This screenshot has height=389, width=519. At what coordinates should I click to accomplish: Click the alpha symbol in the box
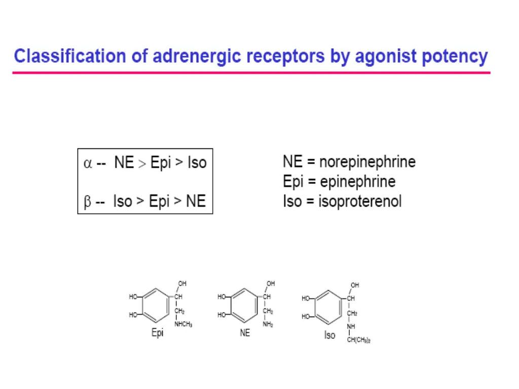point(88,164)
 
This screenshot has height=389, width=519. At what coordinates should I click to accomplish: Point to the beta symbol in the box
point(87,202)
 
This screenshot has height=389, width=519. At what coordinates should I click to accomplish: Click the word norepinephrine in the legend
point(367,162)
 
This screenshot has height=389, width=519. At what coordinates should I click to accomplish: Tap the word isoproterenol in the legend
point(360,201)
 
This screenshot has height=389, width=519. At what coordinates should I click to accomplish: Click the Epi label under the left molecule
point(158,333)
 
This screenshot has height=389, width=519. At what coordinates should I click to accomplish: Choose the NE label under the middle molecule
point(245,333)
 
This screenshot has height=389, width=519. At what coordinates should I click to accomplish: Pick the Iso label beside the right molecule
point(329,335)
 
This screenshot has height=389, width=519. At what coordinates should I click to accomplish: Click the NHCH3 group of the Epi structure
point(183,324)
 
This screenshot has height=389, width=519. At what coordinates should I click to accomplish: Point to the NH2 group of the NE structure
point(268,325)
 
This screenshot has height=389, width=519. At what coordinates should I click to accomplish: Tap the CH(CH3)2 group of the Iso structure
point(358,340)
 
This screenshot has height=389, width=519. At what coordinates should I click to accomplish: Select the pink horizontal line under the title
point(251,73)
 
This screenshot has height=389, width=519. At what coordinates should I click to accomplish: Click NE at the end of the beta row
point(196,202)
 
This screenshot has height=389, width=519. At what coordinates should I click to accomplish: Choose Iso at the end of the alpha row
point(197,163)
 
